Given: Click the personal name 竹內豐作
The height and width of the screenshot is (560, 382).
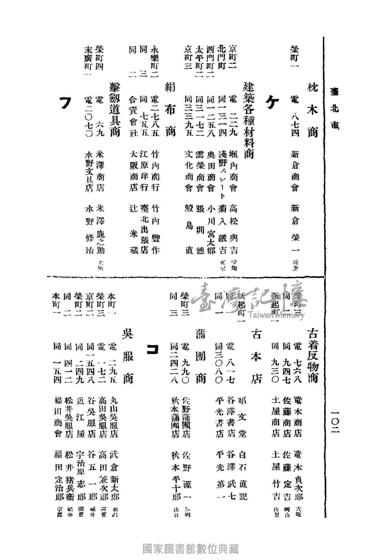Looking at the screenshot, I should coord(155,229).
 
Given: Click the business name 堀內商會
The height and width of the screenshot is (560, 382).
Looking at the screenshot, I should coord(233,171).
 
